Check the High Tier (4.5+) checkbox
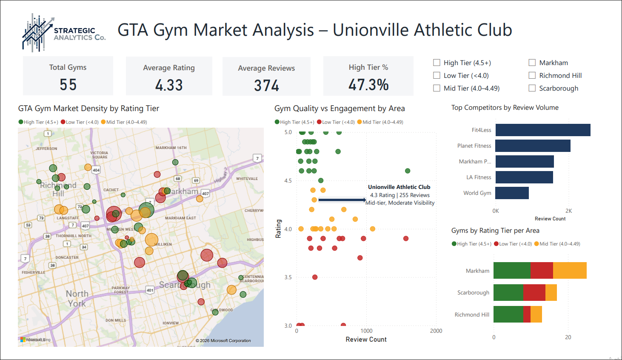[437, 63]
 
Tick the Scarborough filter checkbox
[532, 88]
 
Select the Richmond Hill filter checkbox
[532, 75]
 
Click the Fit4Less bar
[543, 130]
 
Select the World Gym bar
[512, 193]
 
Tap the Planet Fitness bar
[533, 146]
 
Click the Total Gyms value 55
[68, 85]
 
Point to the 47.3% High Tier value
[368, 85]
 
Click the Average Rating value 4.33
[169, 85]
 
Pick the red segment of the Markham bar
[542, 271]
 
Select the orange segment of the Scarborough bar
[551, 293]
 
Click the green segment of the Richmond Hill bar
[508, 314]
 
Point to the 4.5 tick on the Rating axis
[288, 181]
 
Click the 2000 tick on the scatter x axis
[436, 331]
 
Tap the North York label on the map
[77, 298]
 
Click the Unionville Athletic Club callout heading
[399, 187]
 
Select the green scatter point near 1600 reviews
[408, 171]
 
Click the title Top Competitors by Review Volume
[505, 108]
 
